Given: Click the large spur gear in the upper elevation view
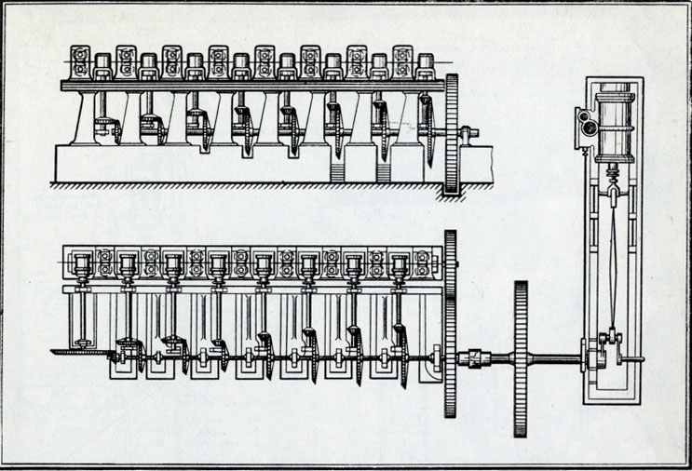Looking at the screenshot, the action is [x=454, y=134].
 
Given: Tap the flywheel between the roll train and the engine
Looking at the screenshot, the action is [x=520, y=358].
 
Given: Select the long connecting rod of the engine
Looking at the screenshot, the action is [x=611, y=261].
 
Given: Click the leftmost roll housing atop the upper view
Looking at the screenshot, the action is [x=81, y=62].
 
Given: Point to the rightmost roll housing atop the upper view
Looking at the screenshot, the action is [x=426, y=66].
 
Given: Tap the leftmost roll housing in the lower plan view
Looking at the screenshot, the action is [x=81, y=262].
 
